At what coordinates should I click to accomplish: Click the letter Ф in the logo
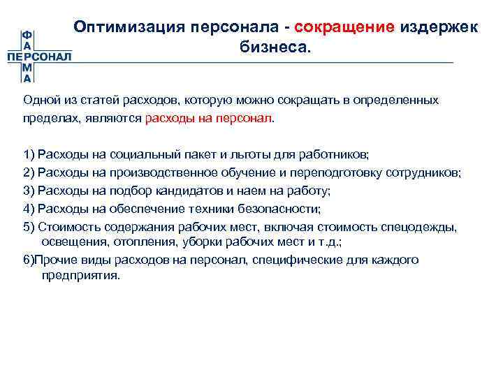pyautogui.click(x=26, y=34)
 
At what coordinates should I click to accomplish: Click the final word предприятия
pyautogui.click(x=81, y=275)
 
